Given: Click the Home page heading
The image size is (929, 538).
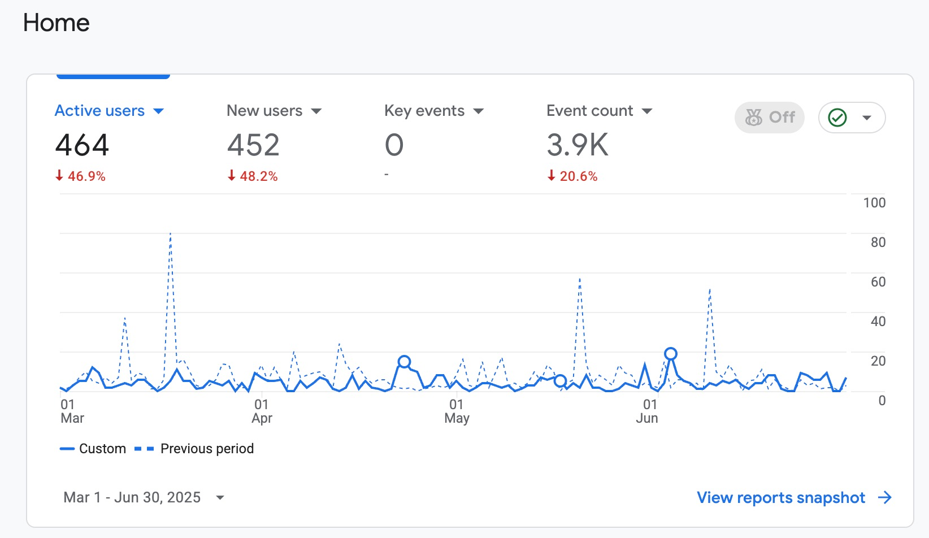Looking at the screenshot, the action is (x=56, y=23).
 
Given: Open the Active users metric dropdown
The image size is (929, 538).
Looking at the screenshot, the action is (x=158, y=111).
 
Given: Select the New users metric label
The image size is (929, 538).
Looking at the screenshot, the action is (x=264, y=111).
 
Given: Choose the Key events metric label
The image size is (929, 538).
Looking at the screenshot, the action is (x=424, y=111).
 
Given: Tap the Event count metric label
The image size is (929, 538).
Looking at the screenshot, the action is (x=589, y=111).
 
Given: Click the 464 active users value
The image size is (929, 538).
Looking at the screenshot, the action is (x=82, y=145).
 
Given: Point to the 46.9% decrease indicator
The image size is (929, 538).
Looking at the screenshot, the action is (x=80, y=176).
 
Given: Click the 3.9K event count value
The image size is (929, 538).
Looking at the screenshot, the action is (x=578, y=145).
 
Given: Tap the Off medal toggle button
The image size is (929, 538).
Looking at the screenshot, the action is (x=769, y=118).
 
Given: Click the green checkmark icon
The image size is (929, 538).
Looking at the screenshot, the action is (x=837, y=118).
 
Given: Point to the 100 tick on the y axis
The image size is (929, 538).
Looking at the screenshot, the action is (x=874, y=203).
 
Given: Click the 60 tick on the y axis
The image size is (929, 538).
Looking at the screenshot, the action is (x=878, y=282).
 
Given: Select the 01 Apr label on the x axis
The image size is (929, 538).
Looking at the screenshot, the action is (x=262, y=411).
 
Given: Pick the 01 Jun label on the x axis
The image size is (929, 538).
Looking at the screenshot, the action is (x=648, y=411).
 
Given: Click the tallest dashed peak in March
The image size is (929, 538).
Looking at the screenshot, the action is (x=171, y=234).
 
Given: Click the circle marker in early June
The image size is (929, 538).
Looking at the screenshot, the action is (x=671, y=354).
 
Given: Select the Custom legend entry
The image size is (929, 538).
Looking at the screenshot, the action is (x=93, y=448).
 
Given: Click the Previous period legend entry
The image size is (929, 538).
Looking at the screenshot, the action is (x=194, y=448).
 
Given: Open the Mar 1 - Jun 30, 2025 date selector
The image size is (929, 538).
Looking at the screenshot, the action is (x=144, y=497).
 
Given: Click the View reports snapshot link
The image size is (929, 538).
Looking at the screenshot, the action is (x=794, y=497).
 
